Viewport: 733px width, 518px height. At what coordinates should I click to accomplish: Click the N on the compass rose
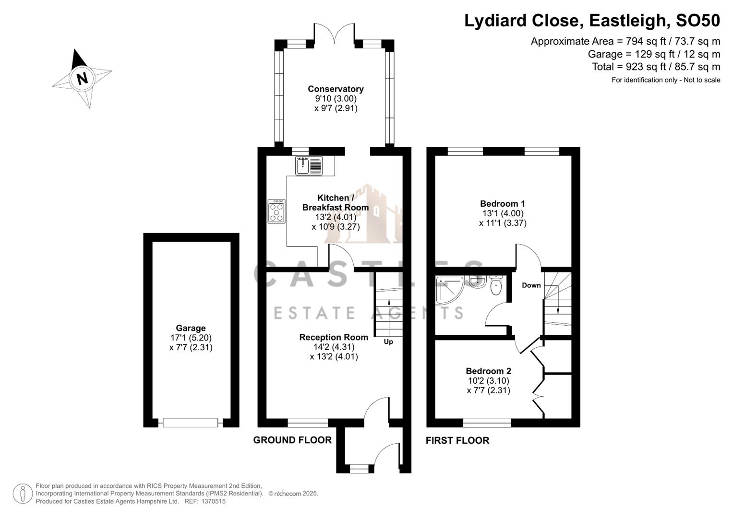tap(82, 78)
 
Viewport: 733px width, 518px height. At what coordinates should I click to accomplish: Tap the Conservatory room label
tap(336, 89)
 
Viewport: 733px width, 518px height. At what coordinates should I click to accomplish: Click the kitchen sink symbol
tap(309, 165)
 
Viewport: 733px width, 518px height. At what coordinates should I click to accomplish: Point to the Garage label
tap(191, 328)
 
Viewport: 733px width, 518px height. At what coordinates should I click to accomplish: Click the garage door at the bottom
tap(191, 423)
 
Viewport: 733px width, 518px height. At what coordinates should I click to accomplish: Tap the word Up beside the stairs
tap(388, 342)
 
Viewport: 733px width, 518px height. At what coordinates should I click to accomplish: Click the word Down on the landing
tap(531, 285)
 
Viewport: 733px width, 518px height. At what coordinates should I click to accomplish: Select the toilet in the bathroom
tap(496, 286)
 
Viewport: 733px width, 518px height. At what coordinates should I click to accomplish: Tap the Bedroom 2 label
tap(488, 371)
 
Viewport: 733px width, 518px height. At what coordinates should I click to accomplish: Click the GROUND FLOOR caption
tap(292, 440)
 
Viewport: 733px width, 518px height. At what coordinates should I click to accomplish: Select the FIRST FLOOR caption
tap(457, 440)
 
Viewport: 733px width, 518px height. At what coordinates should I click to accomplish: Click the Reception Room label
tap(334, 337)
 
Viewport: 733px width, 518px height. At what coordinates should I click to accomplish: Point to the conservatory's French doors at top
tap(335, 34)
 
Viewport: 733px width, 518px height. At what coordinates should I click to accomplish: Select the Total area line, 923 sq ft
tap(656, 67)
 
